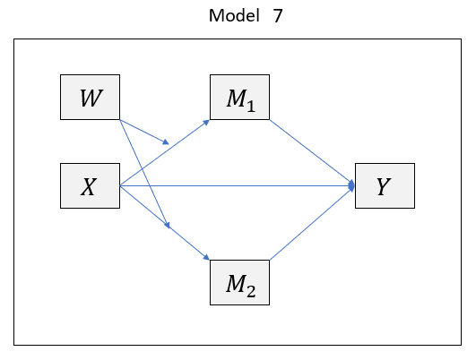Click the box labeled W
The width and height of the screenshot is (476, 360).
(90, 98)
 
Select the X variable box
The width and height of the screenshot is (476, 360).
(90, 186)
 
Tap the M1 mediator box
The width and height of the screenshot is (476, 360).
(239, 98)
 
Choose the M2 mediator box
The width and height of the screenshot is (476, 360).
(239, 283)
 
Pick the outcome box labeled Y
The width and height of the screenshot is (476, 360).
(385, 186)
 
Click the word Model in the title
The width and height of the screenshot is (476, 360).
(230, 16)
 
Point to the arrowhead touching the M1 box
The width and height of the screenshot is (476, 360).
(206, 120)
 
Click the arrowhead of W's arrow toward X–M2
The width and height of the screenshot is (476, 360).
(168, 226)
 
